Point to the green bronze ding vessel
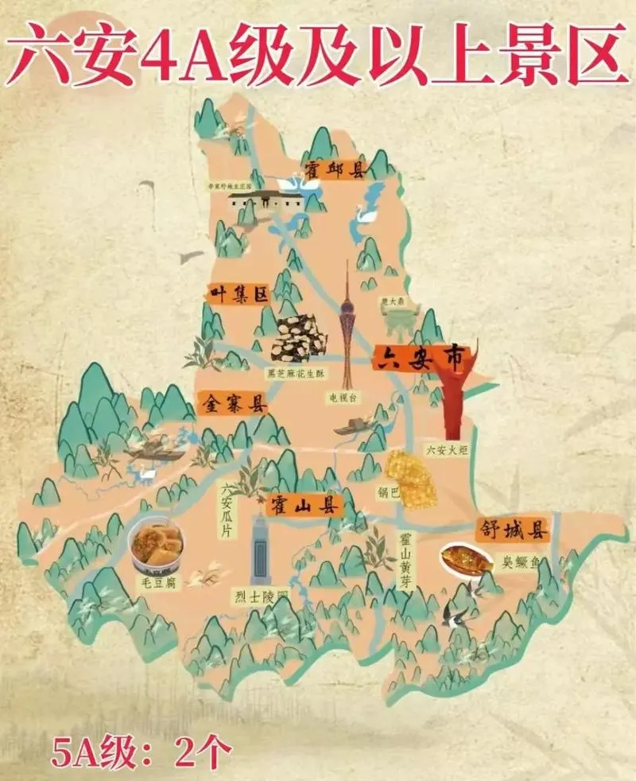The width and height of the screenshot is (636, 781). (395, 321)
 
